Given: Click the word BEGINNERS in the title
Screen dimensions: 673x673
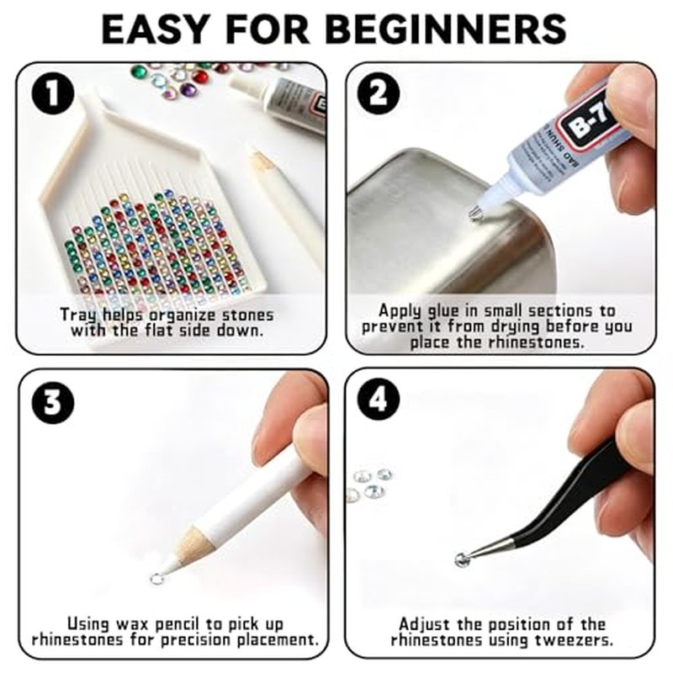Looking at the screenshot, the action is [448, 29].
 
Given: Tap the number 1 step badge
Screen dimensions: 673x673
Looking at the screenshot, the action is [53, 93].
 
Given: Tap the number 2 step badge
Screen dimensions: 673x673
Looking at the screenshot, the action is [379, 93].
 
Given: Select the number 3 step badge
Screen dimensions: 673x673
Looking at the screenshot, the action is [53, 403].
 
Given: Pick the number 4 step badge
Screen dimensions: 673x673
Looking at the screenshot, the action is [379, 400].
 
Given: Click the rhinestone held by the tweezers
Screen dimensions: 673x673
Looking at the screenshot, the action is [461, 559].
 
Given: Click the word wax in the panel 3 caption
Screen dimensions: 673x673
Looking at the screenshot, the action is [133, 623].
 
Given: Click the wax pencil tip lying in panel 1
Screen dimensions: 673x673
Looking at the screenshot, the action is [262, 160].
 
